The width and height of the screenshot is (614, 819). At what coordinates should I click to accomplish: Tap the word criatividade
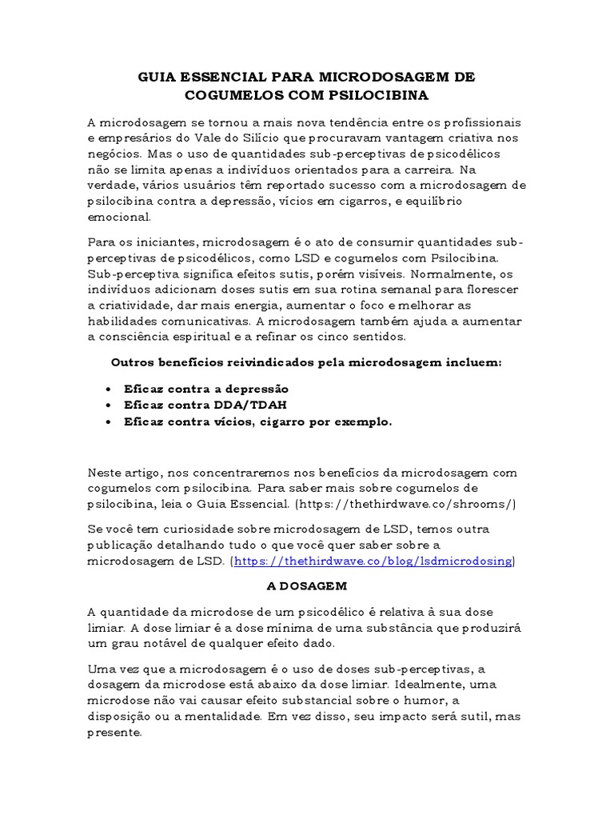[x=138, y=306]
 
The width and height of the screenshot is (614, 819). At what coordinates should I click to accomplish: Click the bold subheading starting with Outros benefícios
[x=306, y=362]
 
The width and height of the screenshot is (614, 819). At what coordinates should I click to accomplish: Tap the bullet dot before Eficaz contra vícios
[x=108, y=422]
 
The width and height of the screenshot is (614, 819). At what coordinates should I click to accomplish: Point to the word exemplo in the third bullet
[x=365, y=422]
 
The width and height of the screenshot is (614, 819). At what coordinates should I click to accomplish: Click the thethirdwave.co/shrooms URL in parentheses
[x=406, y=504]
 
